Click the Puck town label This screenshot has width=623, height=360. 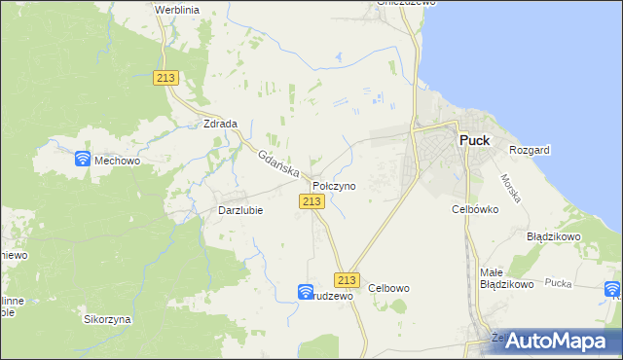click(474, 140)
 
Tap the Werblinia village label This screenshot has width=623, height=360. click(177, 9)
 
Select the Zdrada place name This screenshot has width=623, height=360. click(221, 125)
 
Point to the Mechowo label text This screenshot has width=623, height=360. click(118, 162)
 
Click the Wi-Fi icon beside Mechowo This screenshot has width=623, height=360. click(83, 159)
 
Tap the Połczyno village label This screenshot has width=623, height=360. click(334, 185)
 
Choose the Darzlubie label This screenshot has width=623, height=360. click(238, 210)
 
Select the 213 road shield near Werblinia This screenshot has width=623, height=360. click(165, 79)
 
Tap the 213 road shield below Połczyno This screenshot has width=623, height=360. click(311, 200)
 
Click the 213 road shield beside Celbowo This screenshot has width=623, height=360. click(348, 280)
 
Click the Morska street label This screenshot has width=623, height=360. click(512, 188)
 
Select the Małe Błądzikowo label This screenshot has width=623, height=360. click(507, 278)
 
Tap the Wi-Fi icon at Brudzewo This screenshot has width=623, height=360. click(305, 291)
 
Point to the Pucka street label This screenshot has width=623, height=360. click(558, 282)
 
